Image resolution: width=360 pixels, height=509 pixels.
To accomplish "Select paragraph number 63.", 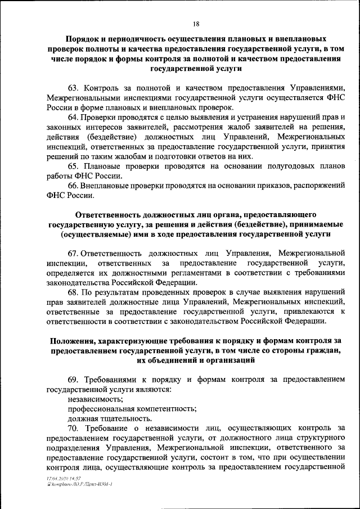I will [73, 88].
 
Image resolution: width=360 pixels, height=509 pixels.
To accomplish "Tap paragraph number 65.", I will [73, 166].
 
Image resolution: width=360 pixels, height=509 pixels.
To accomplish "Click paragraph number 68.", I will [73, 292].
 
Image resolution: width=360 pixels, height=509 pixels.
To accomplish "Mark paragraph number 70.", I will [73, 428].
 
